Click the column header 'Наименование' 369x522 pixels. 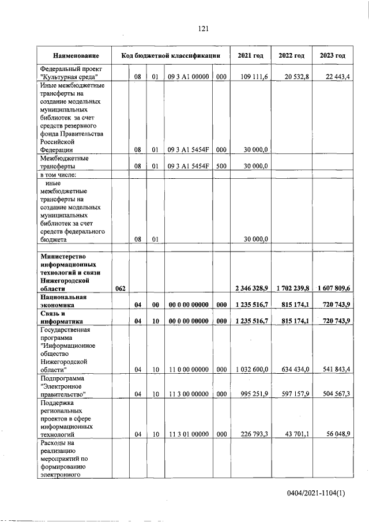tap(75, 56)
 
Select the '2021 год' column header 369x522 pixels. tap(250, 56)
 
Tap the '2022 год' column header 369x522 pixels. tap(291, 56)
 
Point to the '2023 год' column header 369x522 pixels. tap(332, 56)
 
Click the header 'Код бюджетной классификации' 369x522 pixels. tap(171, 56)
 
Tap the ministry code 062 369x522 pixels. tap(121, 288)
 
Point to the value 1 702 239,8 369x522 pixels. tap(292, 288)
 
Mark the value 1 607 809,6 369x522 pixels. tap(333, 288)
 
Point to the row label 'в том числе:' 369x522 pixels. tap(58, 175)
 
